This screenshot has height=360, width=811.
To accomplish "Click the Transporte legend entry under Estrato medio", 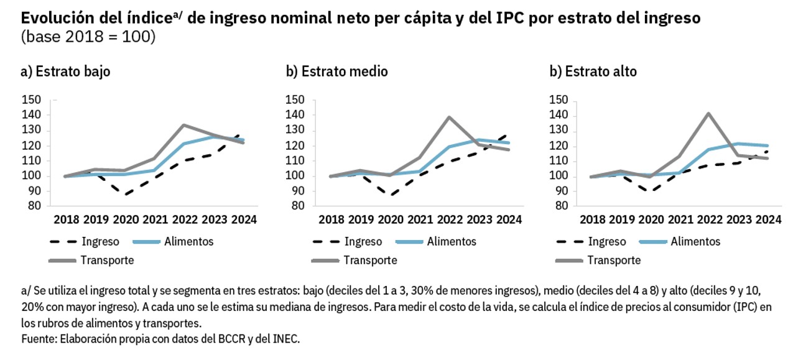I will pyautogui.click(x=370, y=260).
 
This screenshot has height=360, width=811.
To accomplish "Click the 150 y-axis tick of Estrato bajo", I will pyautogui.click(x=31, y=99).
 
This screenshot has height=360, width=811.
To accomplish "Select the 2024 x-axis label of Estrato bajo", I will pyautogui.click(x=244, y=219).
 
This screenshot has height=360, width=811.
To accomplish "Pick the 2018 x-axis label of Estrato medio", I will pyautogui.click(x=331, y=219).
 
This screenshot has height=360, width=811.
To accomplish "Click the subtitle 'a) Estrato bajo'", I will pyautogui.click(x=65, y=72).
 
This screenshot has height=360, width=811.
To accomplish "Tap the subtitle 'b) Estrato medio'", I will pyautogui.click(x=337, y=72).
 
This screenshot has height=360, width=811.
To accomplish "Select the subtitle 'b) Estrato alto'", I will pyautogui.click(x=593, y=72).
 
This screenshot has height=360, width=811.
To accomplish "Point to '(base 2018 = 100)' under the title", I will pyautogui.click(x=88, y=37).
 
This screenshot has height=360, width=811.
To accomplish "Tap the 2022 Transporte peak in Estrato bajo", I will pyautogui.click(x=184, y=125).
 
